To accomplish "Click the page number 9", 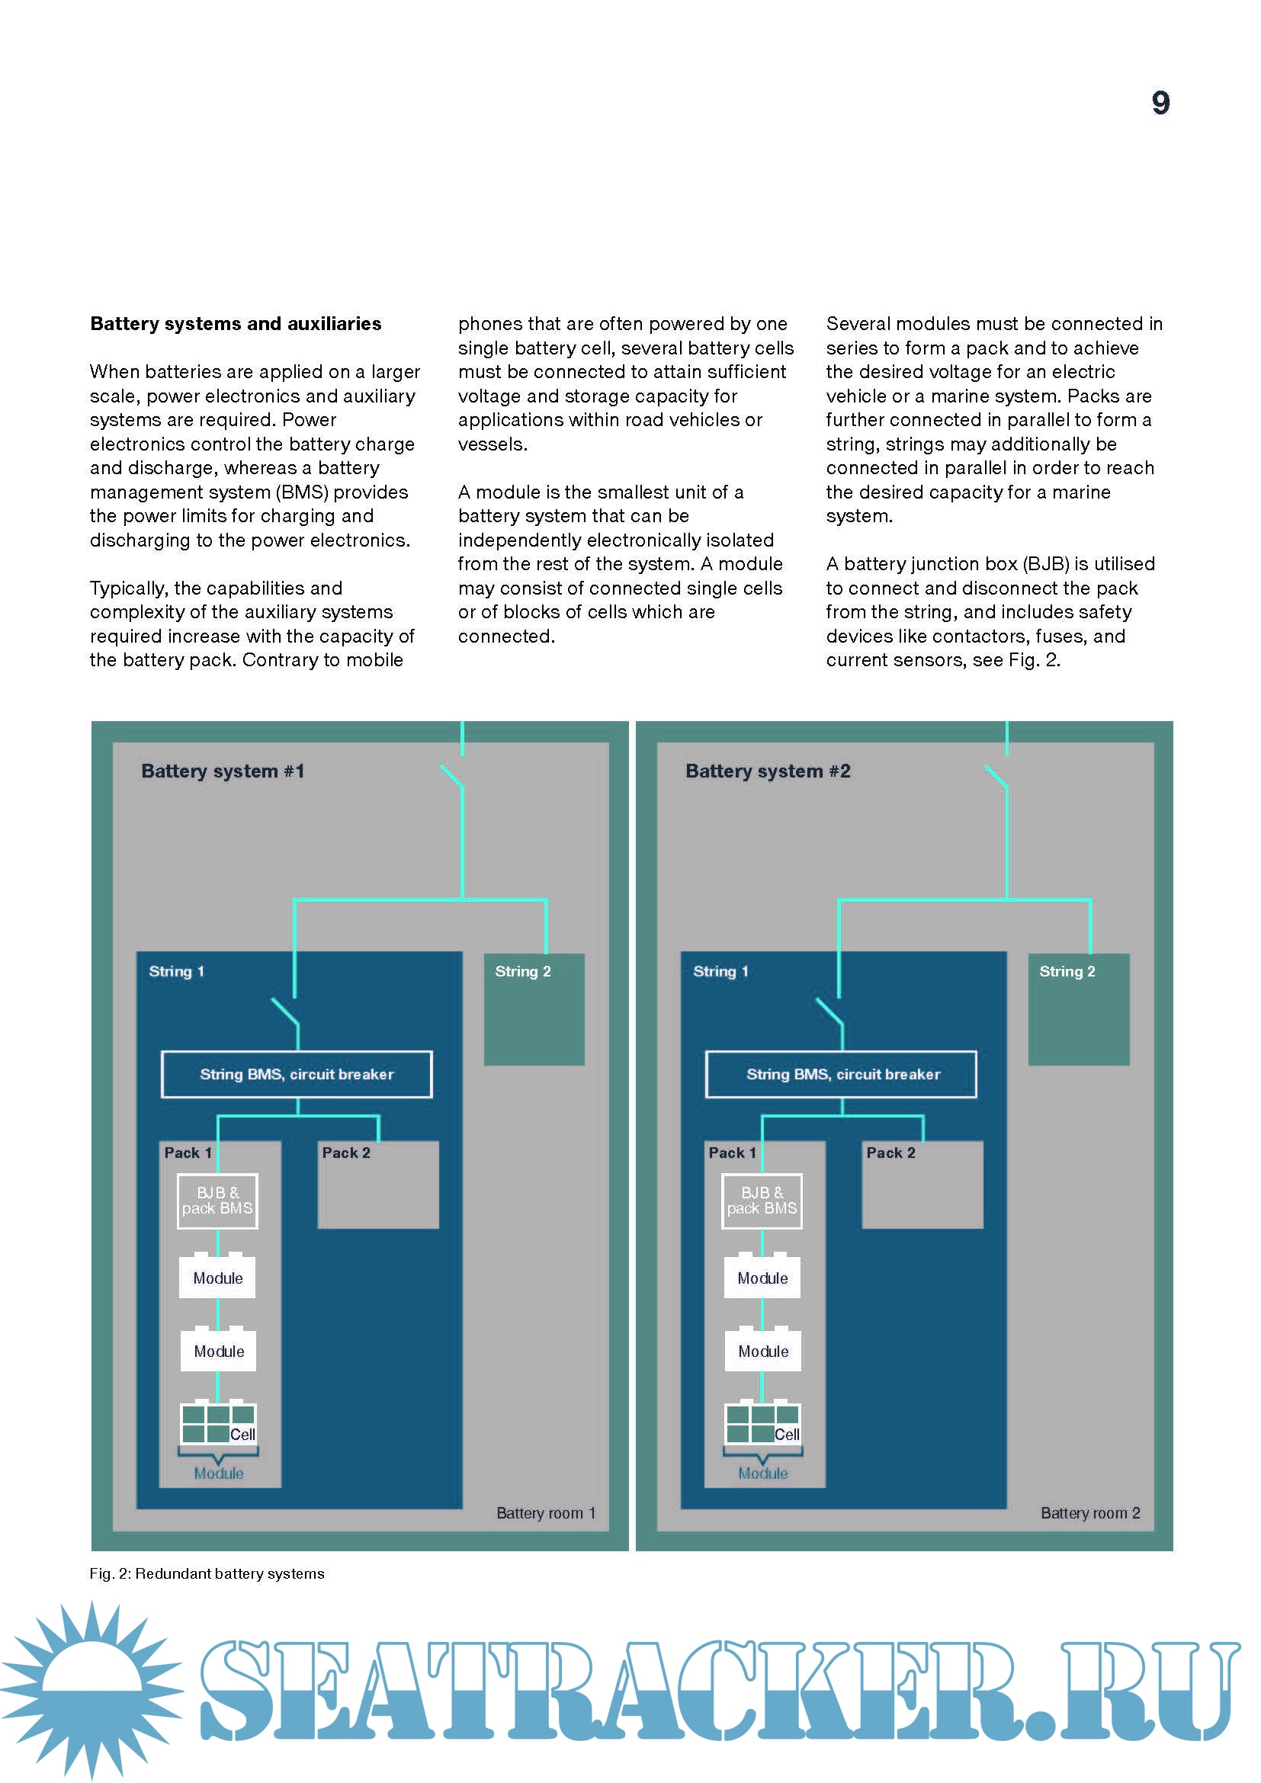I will pyautogui.click(x=1160, y=103).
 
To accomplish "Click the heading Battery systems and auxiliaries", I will pyautogui.click(x=236, y=324).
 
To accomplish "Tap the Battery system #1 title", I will pyautogui.click(x=223, y=771).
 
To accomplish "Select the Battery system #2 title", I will pyautogui.click(x=767, y=771).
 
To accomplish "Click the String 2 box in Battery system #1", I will pyautogui.click(x=534, y=1009).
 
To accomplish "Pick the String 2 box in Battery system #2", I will pyautogui.click(x=1078, y=1009).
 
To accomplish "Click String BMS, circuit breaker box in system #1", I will pyautogui.click(x=297, y=1074).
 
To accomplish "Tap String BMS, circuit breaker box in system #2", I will pyautogui.click(x=842, y=1074).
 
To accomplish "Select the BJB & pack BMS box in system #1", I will pyautogui.click(x=217, y=1201).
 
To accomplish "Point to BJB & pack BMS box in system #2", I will pyautogui.click(x=762, y=1201).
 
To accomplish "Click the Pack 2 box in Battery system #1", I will pyautogui.click(x=378, y=1185).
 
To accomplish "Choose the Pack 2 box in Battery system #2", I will pyautogui.click(x=922, y=1185).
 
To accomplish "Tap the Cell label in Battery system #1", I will pyautogui.click(x=243, y=1435).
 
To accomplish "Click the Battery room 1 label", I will pyautogui.click(x=546, y=1512).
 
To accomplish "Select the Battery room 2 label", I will pyautogui.click(x=1090, y=1512).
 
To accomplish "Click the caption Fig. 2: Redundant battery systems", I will pyautogui.click(x=207, y=1573).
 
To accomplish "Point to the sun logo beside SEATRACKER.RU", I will pyautogui.click(x=91, y=1689).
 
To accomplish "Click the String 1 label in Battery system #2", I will pyautogui.click(x=720, y=971).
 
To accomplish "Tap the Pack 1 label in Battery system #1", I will pyautogui.click(x=188, y=1153).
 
